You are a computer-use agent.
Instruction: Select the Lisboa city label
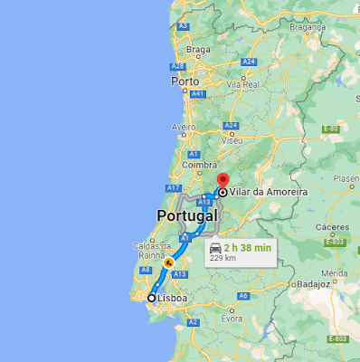(172, 298)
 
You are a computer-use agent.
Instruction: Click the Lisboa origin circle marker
(152, 298)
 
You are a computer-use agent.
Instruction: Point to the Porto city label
(185, 81)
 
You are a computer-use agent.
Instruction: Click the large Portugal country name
(187, 216)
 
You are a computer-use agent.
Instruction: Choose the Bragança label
(307, 27)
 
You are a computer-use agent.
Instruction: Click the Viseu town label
(233, 141)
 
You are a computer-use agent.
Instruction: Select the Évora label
(234, 319)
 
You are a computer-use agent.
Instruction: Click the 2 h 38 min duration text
(247, 247)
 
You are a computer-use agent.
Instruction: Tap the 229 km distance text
(223, 258)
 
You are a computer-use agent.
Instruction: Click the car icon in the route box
(215, 247)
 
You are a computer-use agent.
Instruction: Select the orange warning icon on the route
(167, 263)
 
